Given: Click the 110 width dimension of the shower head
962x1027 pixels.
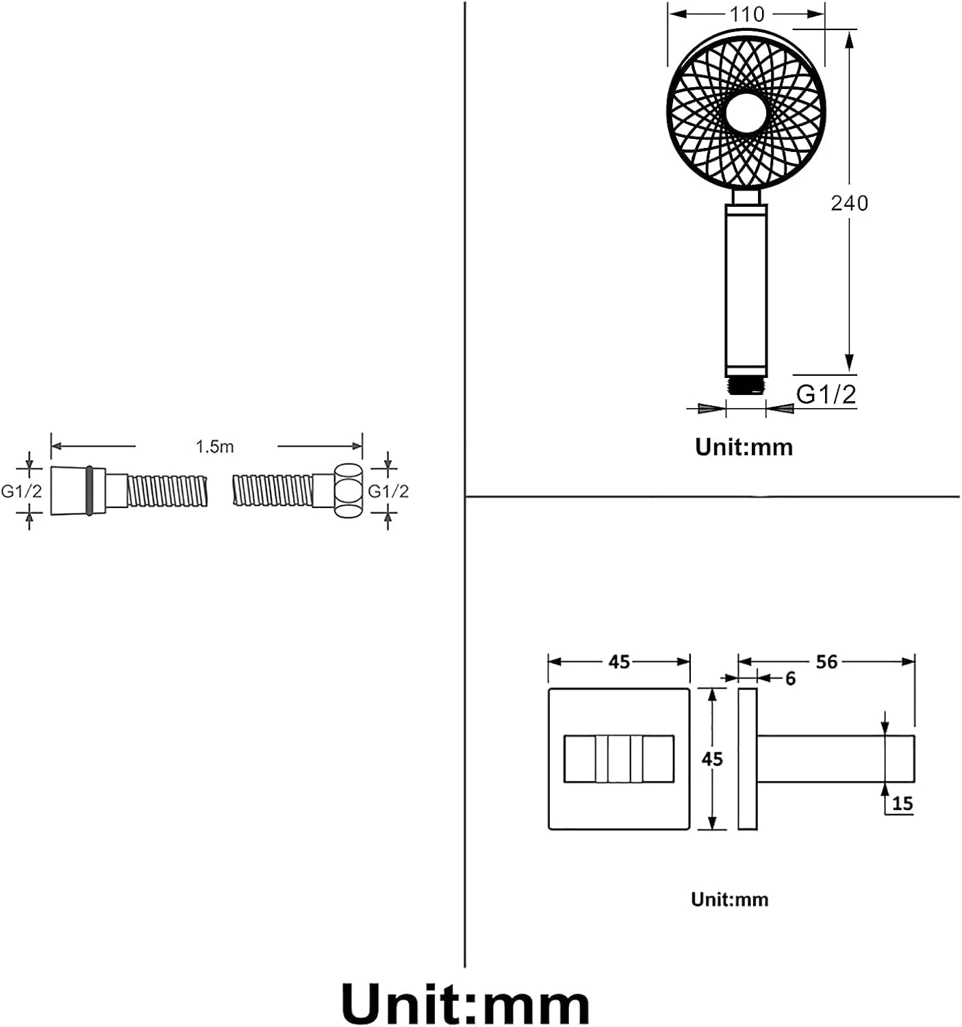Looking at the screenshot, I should [746, 14].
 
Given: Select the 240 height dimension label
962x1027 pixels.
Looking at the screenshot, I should [849, 203].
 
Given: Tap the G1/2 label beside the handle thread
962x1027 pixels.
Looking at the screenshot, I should [826, 394].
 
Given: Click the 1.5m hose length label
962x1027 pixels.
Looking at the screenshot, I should [214, 447].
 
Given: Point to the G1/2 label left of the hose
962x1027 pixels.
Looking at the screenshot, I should [21, 491].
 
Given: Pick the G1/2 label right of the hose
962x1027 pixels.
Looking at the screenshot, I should [388, 491].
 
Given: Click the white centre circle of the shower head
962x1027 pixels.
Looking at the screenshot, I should [746, 113].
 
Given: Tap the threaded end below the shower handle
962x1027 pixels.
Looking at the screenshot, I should [746, 385].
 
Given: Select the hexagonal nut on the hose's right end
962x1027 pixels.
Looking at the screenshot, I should [348, 490].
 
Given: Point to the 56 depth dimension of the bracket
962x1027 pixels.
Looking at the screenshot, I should [826, 662].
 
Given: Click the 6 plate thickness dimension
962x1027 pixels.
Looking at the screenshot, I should [790, 679].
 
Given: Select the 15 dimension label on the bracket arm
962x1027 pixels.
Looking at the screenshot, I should [902, 803].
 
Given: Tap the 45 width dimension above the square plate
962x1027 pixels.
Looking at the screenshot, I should [619, 662].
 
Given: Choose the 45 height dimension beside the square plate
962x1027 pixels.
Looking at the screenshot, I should [712, 759].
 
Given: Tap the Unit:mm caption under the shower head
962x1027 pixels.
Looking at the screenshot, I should [744, 447].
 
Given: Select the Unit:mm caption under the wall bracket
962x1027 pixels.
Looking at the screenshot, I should [729, 899].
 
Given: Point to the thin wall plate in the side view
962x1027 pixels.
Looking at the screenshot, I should [747, 759].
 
